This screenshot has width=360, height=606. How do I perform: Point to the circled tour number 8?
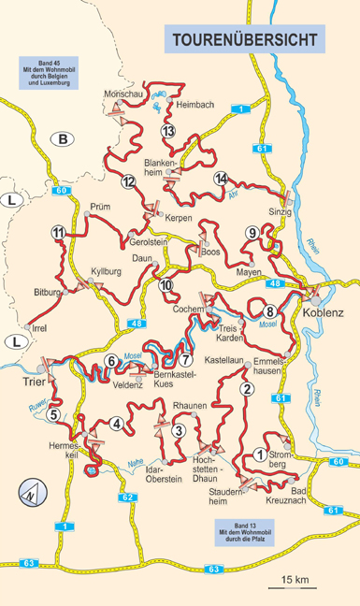[x=269, y=311]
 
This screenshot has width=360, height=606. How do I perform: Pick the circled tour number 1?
[x=259, y=454]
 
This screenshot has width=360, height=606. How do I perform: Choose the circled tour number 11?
[x=58, y=233]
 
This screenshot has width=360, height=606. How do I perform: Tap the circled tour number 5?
[x=54, y=414]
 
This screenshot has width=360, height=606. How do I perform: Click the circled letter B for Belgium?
[x=63, y=140]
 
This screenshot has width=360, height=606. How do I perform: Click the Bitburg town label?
[x=47, y=293]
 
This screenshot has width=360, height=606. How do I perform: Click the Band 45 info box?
[x=44, y=72]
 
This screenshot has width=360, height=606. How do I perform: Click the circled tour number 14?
[x=221, y=179]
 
